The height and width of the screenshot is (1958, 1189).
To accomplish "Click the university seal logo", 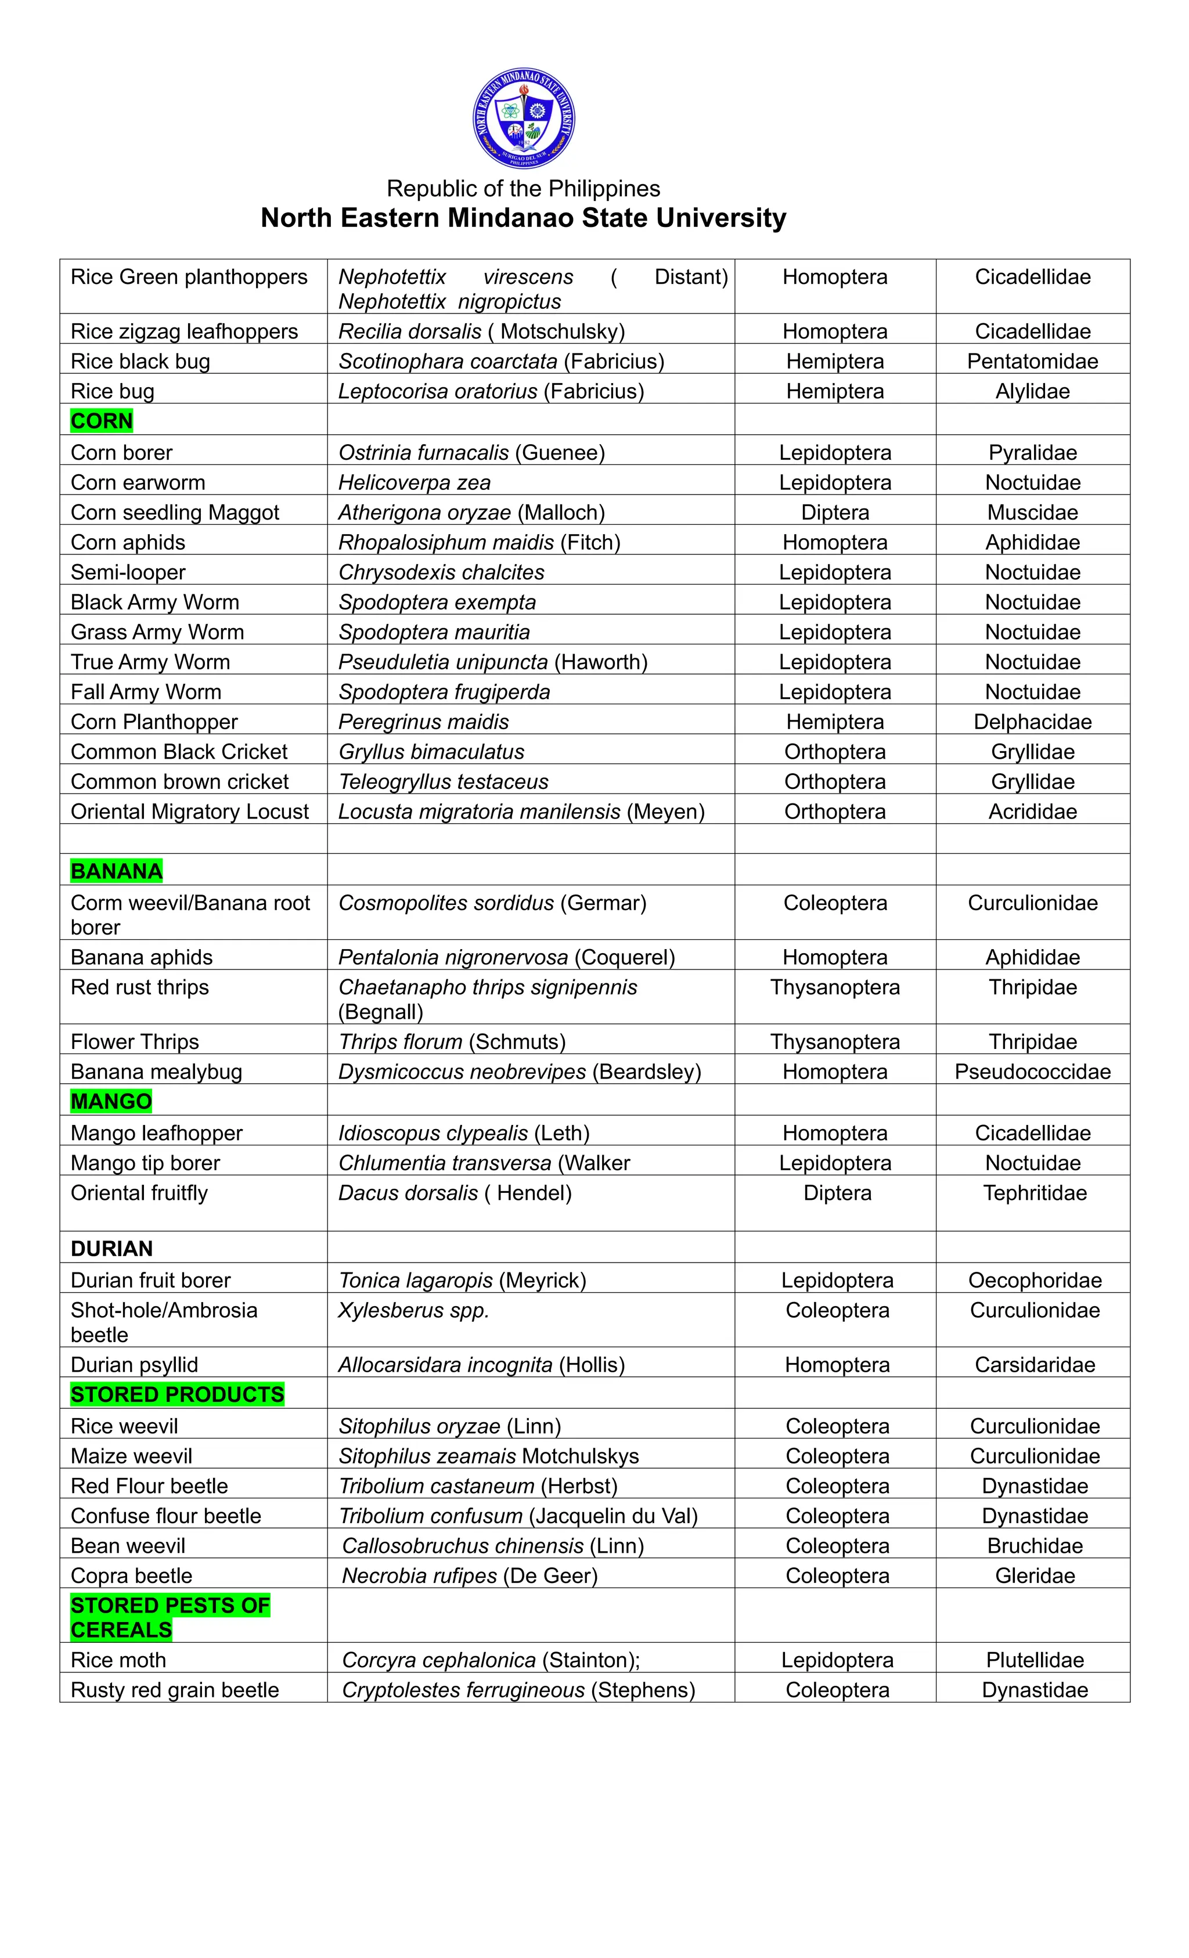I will pyautogui.click(x=523, y=118).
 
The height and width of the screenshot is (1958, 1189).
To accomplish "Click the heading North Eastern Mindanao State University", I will pyautogui.click(x=523, y=218).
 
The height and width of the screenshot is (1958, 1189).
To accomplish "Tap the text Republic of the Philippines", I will pyautogui.click(x=523, y=188).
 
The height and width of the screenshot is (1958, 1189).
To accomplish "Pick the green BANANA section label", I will pyautogui.click(x=116, y=871).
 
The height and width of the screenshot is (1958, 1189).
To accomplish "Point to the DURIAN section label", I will pyautogui.click(x=111, y=1249).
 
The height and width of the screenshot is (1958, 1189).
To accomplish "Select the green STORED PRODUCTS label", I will pyautogui.click(x=176, y=1394).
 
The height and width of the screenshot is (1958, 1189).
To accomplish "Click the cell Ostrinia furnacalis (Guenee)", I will pyautogui.click(x=471, y=452).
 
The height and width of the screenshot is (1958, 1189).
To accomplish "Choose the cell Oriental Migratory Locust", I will pyautogui.click(x=189, y=812).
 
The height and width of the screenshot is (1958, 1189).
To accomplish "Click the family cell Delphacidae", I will pyautogui.click(x=1032, y=722).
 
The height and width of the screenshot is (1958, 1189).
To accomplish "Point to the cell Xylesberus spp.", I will pyautogui.click(x=413, y=1310).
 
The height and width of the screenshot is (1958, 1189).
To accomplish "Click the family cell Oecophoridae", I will pyautogui.click(x=1034, y=1280).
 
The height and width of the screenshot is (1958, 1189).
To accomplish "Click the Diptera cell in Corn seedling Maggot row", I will pyautogui.click(x=834, y=513).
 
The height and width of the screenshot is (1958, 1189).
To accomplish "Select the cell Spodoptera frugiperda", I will pyautogui.click(x=444, y=691).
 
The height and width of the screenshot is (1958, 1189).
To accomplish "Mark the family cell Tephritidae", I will pyautogui.click(x=1034, y=1193).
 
